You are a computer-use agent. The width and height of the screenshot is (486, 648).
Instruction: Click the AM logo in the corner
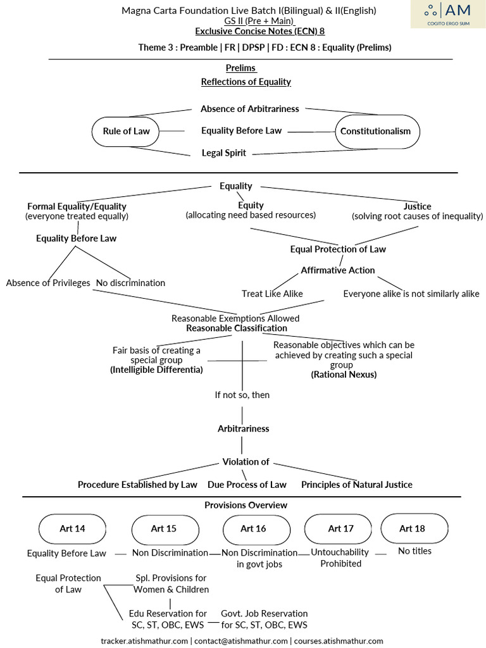(x=448, y=14)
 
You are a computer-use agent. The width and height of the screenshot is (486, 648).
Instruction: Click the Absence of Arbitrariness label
(x=249, y=109)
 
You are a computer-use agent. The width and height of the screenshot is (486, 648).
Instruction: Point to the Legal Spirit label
(x=223, y=153)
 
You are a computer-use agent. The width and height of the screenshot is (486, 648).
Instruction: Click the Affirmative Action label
(x=338, y=270)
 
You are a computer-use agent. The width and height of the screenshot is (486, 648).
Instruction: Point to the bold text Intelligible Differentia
(x=157, y=370)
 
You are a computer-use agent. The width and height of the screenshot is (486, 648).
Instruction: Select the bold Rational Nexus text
(x=344, y=375)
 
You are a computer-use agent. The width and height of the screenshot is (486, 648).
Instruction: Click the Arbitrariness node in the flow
(x=244, y=428)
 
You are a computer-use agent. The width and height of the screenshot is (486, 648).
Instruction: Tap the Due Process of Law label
(x=247, y=485)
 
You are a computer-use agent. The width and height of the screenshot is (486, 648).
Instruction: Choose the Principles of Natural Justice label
(x=357, y=485)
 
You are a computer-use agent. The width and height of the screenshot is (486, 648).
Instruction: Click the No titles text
(x=414, y=551)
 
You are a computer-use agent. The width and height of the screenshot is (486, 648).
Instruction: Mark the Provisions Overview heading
(x=246, y=505)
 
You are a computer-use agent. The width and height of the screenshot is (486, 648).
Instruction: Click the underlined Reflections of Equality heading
(x=246, y=82)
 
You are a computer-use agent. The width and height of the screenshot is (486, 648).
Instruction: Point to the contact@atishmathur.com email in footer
(x=241, y=641)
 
